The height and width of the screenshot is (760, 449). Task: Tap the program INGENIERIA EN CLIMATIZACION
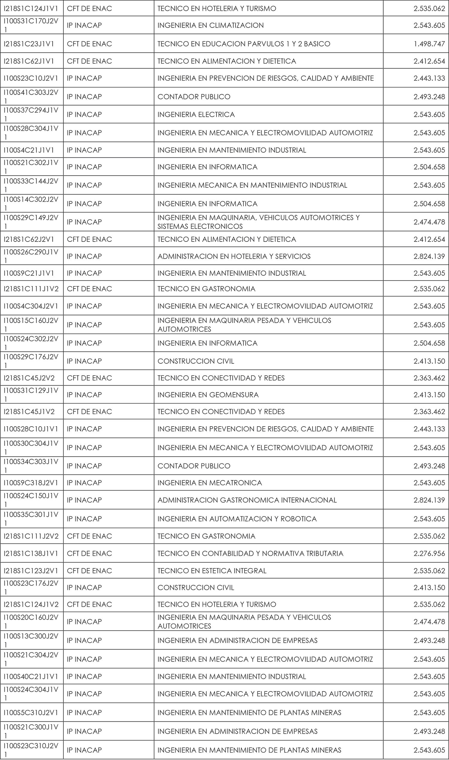211,25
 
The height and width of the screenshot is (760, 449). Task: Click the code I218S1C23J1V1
29,44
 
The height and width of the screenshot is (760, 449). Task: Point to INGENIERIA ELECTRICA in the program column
196,115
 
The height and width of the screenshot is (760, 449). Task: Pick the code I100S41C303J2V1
31,96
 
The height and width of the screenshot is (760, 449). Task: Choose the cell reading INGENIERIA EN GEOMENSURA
208,395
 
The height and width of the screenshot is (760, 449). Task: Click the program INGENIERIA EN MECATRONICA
210,483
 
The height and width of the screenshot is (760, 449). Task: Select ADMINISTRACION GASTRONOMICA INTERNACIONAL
247,500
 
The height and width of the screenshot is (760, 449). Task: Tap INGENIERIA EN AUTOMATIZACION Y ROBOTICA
237,519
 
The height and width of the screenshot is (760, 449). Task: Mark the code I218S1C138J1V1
31,553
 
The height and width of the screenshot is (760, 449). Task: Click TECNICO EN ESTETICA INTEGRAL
212,571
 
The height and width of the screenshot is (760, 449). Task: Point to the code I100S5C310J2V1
31,712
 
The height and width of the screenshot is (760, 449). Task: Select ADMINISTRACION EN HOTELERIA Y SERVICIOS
234,256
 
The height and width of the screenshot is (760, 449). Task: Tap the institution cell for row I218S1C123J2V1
89,571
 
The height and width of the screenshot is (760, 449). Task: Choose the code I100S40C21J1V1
31,676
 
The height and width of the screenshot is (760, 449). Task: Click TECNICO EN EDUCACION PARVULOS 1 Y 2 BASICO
244,44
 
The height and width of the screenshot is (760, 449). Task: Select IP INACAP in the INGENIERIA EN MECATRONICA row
84,483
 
